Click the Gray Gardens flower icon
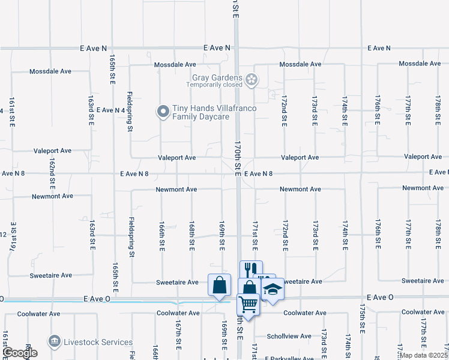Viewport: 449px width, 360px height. (x=252, y=78)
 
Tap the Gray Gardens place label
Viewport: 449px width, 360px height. (x=217, y=77)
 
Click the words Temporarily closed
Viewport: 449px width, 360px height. (x=214, y=85)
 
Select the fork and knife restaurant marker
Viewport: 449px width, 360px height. (x=251, y=270)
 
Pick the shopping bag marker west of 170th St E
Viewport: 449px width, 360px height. (x=219, y=284)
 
